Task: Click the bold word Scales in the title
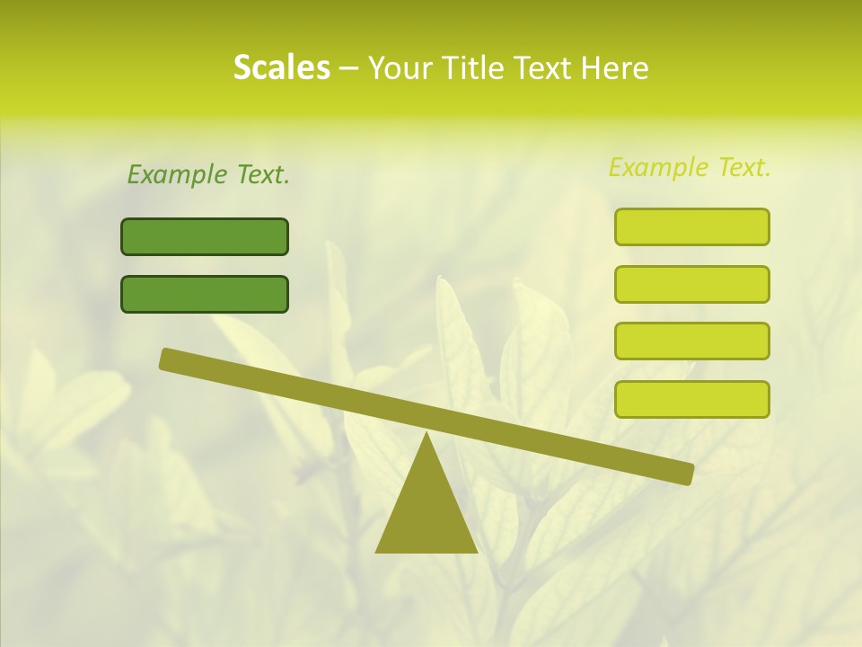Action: coord(281,67)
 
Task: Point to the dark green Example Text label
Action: coord(208,174)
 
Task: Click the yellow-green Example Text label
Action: coord(690,167)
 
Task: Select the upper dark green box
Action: coord(205,236)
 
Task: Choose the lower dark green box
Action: coord(205,294)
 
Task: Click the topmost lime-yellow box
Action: coord(691,226)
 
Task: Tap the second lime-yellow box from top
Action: coord(691,284)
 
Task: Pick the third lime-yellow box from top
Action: coord(691,341)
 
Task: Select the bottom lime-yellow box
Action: coord(691,399)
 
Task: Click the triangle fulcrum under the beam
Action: coord(427,512)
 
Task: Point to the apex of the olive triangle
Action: coord(427,436)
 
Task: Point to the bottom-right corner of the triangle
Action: coord(476,551)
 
